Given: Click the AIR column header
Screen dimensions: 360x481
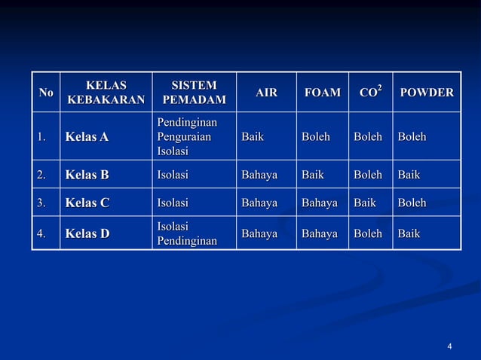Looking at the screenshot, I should coord(266,93).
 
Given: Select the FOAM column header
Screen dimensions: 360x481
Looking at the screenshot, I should coord(322,93).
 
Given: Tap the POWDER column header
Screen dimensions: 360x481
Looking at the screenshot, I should coord(426,93).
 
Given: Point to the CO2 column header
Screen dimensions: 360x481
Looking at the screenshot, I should coord(370,93).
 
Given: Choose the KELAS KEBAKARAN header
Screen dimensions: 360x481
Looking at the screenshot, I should coord(106,93).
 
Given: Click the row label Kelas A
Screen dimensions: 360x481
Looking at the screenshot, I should coord(87,137).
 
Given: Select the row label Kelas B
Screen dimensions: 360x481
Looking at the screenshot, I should coord(87,175).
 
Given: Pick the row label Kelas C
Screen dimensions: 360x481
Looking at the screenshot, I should coord(87,203).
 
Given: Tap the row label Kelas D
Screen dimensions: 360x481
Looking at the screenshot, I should coord(87,233).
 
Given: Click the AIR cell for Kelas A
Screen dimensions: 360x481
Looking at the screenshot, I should coord(252,137).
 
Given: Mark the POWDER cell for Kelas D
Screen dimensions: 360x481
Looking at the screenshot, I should coord(409,233).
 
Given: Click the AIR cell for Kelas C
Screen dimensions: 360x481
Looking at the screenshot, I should coord(259,203).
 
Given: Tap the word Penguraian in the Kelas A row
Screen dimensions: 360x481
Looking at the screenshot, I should coord(184,137).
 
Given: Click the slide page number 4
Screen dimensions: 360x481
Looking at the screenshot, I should coord(449,346).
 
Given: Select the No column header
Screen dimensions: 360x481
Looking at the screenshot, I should coord(46,93).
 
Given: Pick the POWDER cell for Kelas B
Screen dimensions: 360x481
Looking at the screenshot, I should coord(409,175).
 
